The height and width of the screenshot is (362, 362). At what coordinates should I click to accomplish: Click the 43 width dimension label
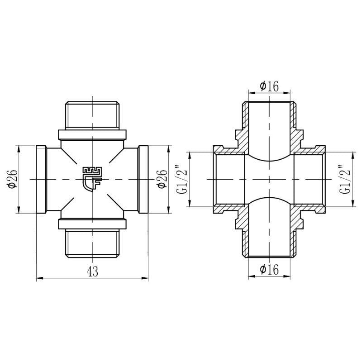[x=92, y=271]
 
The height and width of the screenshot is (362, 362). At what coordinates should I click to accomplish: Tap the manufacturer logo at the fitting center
[x=92, y=179]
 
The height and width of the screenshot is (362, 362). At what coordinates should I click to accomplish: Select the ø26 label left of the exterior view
[x=13, y=179]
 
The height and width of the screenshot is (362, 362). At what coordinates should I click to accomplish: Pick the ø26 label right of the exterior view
[x=162, y=179]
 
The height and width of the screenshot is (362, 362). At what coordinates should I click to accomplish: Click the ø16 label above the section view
[x=269, y=86]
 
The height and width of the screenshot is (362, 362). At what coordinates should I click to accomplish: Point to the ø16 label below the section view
[x=269, y=269]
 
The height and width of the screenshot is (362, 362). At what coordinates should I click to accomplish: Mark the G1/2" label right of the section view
[x=345, y=179]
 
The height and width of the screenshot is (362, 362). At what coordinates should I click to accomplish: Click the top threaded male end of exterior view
[x=92, y=115]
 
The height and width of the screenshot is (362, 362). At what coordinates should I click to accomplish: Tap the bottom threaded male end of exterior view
[x=92, y=243]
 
